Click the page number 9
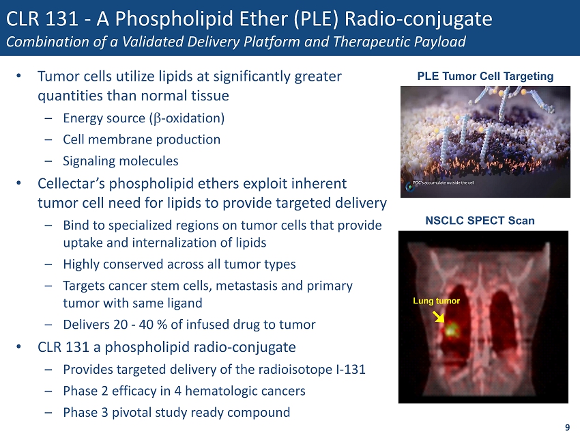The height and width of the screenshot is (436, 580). click(567, 428)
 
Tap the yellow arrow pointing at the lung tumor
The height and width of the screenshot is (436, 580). click(439, 316)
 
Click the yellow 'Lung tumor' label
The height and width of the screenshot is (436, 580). click(436, 301)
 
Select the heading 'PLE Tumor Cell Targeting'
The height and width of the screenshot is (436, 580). click(485, 77)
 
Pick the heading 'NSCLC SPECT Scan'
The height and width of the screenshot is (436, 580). click(480, 221)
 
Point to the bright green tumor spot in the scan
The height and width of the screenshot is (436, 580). click(451, 329)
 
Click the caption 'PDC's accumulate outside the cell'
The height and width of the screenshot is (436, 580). click(443, 183)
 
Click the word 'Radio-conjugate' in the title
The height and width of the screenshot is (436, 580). click(418, 18)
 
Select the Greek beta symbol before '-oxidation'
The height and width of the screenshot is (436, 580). click(157, 119)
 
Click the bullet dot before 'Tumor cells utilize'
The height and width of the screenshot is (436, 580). click(18, 76)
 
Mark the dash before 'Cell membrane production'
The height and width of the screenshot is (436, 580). click(48, 140)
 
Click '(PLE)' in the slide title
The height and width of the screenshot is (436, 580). click(316, 19)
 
